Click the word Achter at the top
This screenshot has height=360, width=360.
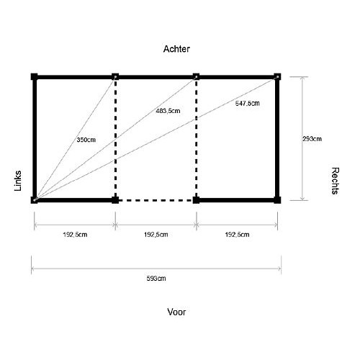[x=176, y=49]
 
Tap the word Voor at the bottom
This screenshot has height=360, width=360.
[x=176, y=312]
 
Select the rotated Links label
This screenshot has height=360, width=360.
[x=18, y=181]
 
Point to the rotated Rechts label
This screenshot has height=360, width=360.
[x=336, y=181]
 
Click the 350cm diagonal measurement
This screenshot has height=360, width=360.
[x=86, y=140]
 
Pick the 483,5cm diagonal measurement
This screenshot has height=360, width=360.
[x=168, y=111]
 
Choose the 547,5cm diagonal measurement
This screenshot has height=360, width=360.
[x=248, y=104]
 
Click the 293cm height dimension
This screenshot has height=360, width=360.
[x=312, y=139]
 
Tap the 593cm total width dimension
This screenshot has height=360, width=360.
[x=156, y=279]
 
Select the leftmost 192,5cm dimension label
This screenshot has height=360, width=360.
[x=75, y=235]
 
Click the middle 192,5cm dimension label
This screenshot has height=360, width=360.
[x=156, y=235]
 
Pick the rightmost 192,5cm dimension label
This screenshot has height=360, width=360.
[x=237, y=235]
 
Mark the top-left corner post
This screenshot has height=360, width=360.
[x=35, y=77]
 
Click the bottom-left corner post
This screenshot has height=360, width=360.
[x=35, y=200]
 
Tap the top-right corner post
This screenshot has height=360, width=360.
[x=277, y=77]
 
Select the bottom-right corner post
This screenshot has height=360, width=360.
[x=277, y=200]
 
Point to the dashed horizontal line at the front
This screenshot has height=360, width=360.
[x=156, y=200]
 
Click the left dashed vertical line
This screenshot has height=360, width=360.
[x=115, y=138]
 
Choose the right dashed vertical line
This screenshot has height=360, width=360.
[x=197, y=138]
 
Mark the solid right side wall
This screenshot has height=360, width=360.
[x=277, y=138]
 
